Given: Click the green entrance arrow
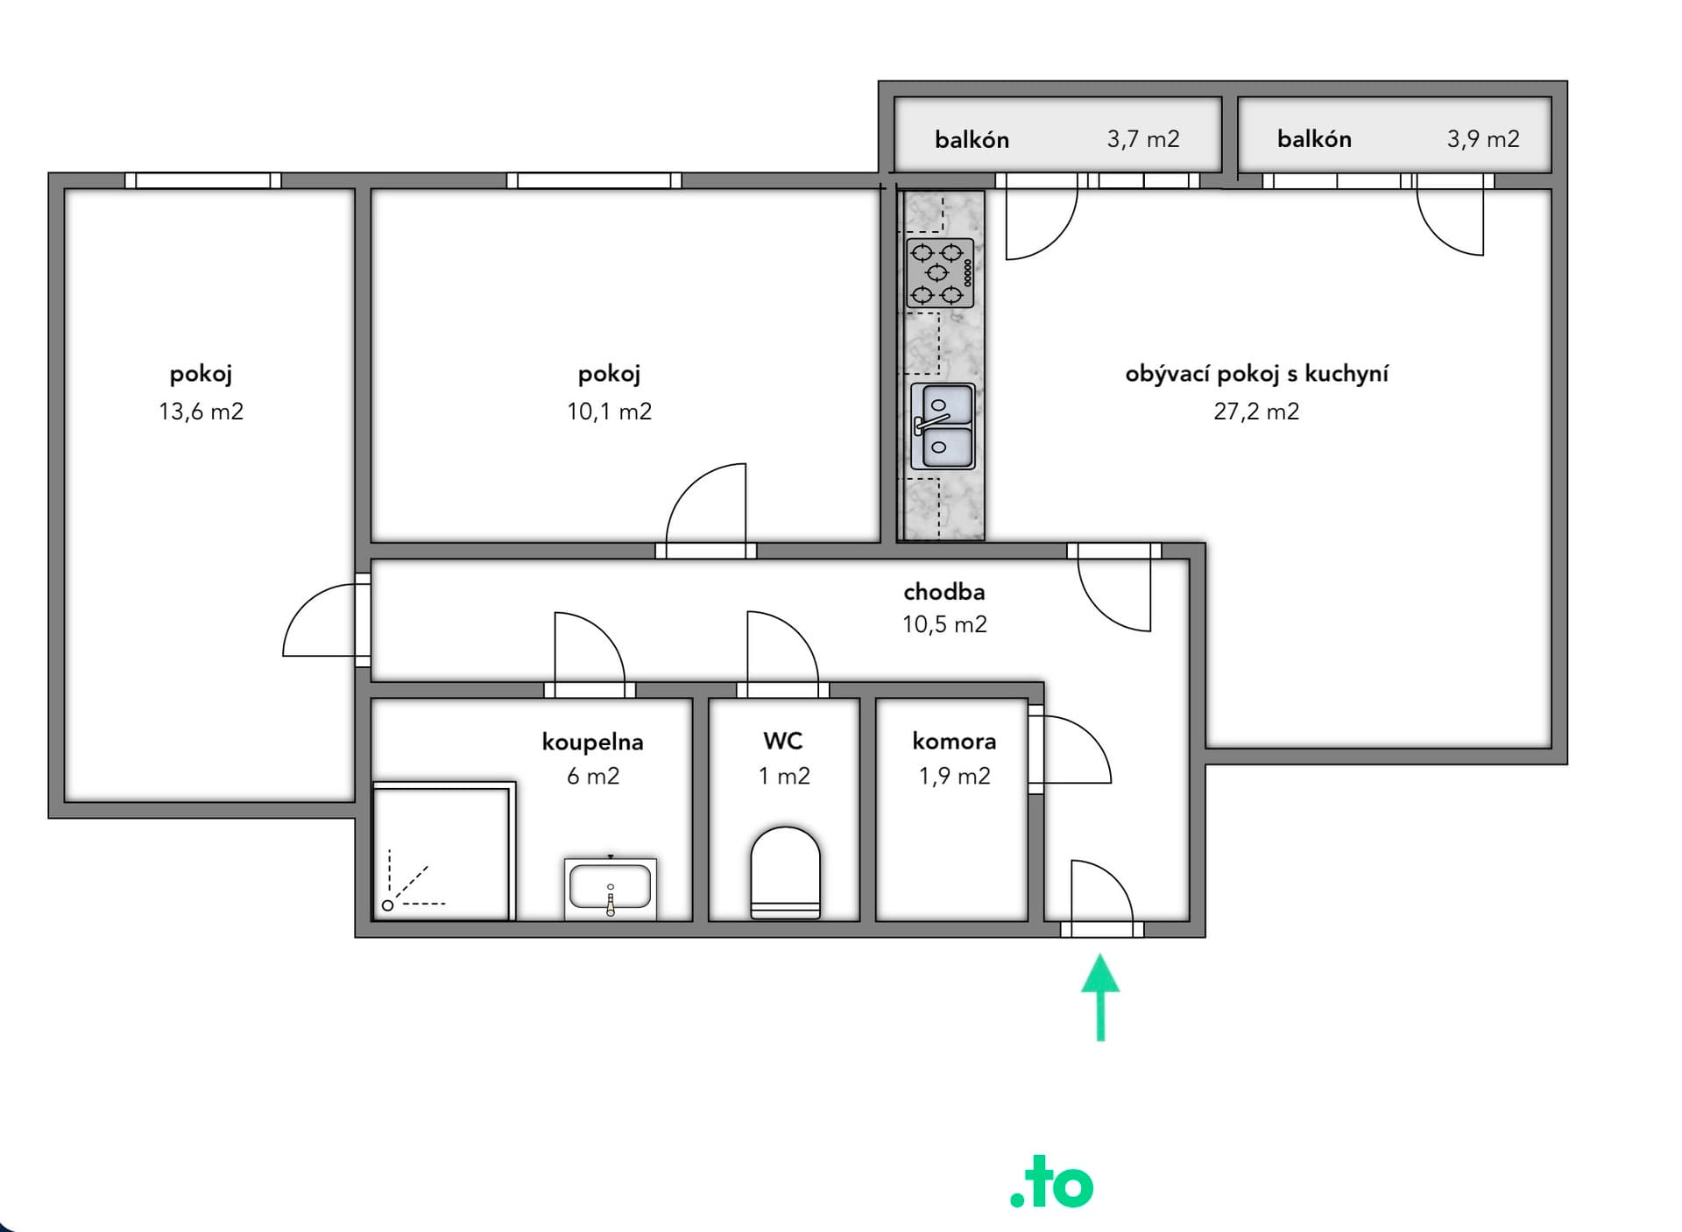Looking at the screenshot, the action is [1100, 998].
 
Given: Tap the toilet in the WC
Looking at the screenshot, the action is [786, 873].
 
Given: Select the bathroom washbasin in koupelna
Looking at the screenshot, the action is [611, 889].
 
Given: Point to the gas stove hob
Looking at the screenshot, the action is [940, 273].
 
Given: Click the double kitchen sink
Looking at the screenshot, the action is [943, 426].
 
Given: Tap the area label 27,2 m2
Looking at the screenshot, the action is [1256, 412].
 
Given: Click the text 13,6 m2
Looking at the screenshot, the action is [201, 412].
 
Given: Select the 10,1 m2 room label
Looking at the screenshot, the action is [609, 412].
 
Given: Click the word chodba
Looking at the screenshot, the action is [944, 592].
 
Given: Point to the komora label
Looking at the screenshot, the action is [954, 742].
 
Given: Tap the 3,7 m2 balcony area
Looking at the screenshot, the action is [1143, 139].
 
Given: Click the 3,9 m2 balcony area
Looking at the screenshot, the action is [1483, 139].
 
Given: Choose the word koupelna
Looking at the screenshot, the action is [592, 743].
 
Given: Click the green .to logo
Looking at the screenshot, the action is [1052, 1183].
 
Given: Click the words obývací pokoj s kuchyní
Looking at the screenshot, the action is [1256, 374].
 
